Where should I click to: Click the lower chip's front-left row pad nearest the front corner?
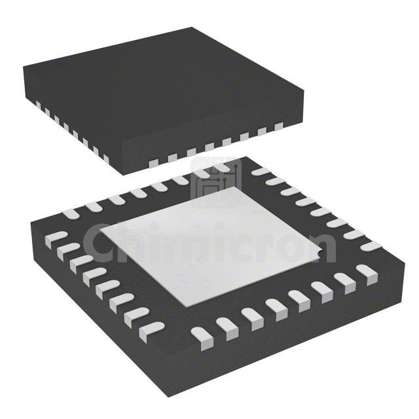tap(153, 327)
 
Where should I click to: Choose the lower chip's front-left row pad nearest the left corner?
tap(58, 236)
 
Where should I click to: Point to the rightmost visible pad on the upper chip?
tap(278, 126)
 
